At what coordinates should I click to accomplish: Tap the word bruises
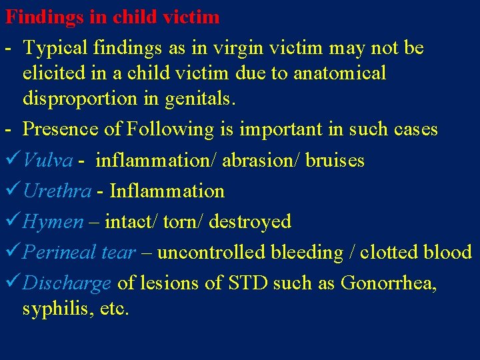pyautogui.click(x=335, y=160)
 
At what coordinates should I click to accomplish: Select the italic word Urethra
pyautogui.click(x=57, y=191)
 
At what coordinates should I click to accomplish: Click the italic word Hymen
pyautogui.click(x=53, y=222)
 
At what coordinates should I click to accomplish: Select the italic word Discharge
pyautogui.click(x=67, y=283)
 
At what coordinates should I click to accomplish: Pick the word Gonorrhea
pyautogui.click(x=388, y=283)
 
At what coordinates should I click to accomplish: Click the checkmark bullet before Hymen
pyautogui.click(x=13, y=221)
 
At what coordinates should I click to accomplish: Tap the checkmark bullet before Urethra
pyautogui.click(x=13, y=191)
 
